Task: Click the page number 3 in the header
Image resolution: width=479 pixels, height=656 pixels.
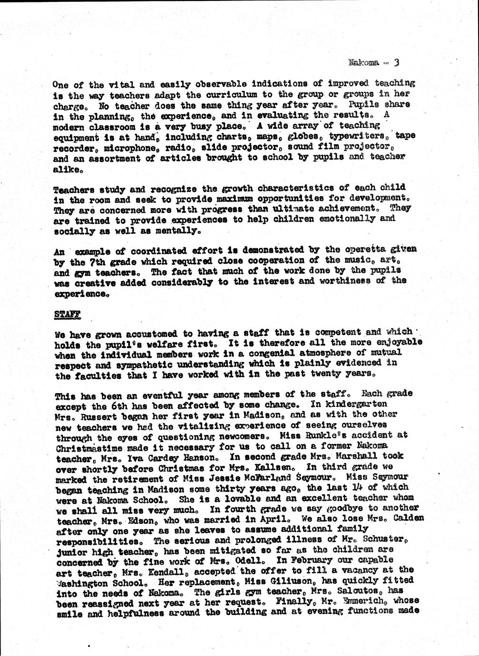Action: (x=396, y=62)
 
